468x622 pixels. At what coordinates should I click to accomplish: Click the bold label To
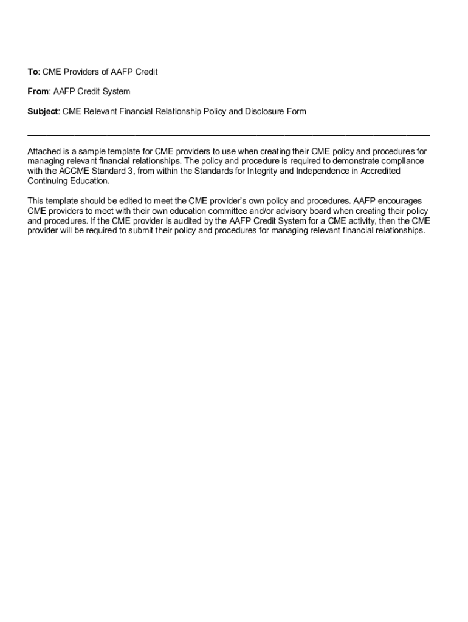click(33, 72)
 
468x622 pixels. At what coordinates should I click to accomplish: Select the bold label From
click(38, 92)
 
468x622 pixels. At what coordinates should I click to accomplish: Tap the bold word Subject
click(43, 112)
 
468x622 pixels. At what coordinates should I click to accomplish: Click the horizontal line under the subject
click(229, 134)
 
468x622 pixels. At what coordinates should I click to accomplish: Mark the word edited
click(129, 201)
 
